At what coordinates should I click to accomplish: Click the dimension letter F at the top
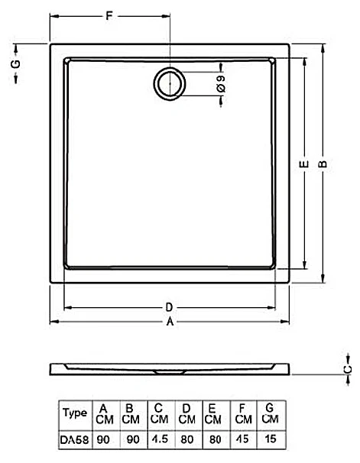pos(109,15)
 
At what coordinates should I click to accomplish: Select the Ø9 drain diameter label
pos(221,84)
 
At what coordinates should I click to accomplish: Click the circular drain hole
pos(170,83)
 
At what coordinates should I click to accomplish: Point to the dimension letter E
pos(304,164)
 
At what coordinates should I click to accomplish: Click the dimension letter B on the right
pos(323,164)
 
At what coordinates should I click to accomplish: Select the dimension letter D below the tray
pos(169,307)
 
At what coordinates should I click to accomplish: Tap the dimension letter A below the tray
pos(170,321)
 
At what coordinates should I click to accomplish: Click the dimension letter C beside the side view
pos(348,369)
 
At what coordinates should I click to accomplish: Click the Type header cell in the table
pos(75,413)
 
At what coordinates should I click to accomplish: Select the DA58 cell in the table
pos(74,439)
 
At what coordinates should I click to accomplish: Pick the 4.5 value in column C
pos(160,439)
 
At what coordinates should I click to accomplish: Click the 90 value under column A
pos(103,439)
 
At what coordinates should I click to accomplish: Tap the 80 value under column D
pos(187,439)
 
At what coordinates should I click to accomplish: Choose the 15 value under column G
pos(271,439)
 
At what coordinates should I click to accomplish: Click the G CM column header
pos(270,413)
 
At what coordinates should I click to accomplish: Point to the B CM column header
pos(131,414)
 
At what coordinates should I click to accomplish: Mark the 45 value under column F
pos(243,439)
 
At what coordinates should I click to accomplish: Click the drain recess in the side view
pos(170,372)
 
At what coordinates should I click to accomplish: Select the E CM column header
pos(212,414)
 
